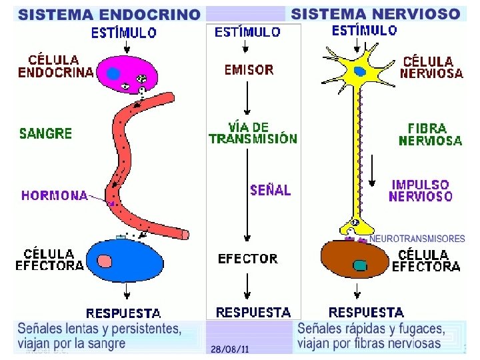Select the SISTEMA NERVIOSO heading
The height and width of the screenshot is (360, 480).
(376, 13)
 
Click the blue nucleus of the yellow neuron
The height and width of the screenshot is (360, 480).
(360, 71)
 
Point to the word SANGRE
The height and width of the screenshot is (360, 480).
(45, 133)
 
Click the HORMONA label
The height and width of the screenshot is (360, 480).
(55, 195)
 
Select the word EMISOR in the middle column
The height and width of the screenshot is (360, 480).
(249, 69)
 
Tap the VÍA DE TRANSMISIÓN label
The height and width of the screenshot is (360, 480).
(253, 133)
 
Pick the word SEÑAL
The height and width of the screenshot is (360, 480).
(270, 190)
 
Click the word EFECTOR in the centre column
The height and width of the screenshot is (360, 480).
(248, 258)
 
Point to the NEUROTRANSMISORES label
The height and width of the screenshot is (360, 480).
(417, 238)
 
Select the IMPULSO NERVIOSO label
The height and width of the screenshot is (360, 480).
(420, 190)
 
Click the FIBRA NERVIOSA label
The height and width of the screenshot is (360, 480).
(430, 133)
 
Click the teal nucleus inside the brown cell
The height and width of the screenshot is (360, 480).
(360, 265)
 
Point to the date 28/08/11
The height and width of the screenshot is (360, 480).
(229, 349)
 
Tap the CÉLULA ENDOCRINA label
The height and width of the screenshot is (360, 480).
(55, 67)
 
